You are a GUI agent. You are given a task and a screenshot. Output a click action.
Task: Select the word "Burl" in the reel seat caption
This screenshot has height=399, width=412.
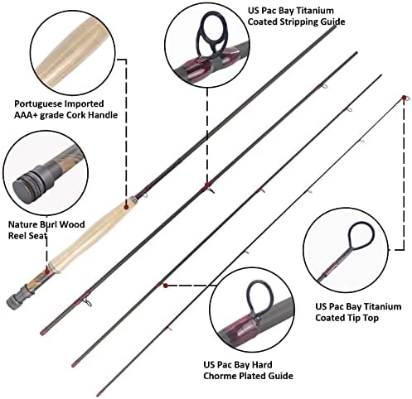click(48, 224)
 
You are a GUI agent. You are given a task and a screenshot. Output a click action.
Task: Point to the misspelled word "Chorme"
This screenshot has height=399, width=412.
click(220, 376)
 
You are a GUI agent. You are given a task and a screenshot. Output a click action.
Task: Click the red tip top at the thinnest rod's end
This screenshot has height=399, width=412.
click(405, 98)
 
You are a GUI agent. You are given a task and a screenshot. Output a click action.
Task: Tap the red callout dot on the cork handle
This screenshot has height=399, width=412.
click(126, 207)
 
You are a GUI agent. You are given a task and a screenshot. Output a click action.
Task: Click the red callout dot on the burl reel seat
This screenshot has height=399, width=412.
click(47, 272)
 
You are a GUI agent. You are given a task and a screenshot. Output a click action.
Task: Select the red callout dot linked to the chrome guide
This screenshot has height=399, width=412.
click(166, 286)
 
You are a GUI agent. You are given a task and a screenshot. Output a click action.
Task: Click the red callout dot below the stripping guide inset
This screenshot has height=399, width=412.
click(206, 185)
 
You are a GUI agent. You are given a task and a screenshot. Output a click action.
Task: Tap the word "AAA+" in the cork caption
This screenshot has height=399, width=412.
click(26, 115)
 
